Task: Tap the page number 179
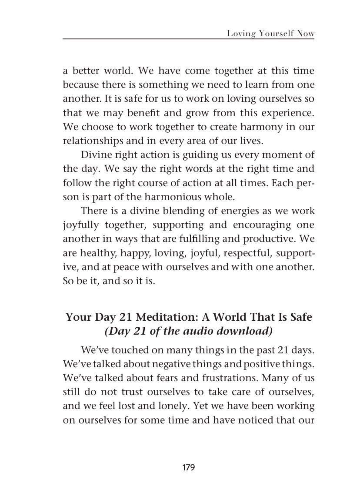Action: tap(188, 467)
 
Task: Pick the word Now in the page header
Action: tap(306, 33)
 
